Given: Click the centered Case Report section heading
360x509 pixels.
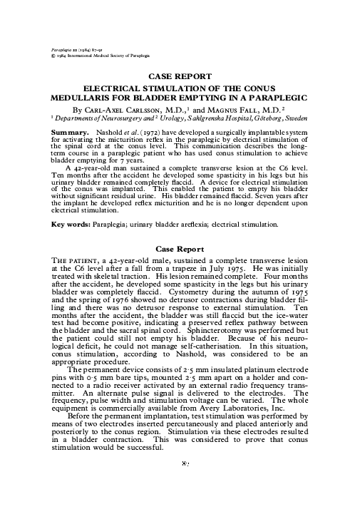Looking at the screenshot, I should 180,251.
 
